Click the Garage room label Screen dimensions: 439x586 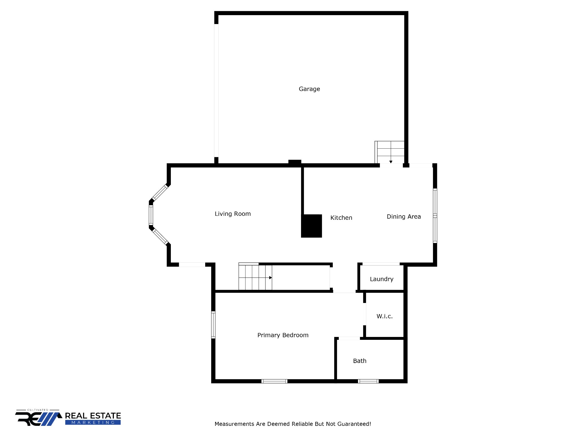click(x=309, y=89)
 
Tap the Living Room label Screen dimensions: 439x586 click(x=233, y=214)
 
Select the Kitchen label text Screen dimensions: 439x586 click(x=341, y=218)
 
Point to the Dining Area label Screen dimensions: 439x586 click(x=404, y=217)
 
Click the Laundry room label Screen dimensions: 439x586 click(x=381, y=279)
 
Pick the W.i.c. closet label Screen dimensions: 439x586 click(x=385, y=316)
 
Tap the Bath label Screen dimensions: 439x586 click(x=360, y=361)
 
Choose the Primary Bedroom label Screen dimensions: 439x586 click(x=283, y=335)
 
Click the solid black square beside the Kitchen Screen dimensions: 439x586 click(x=312, y=226)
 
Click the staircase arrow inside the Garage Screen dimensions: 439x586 click(x=391, y=161)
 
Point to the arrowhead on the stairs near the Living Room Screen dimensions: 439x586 click(x=270, y=278)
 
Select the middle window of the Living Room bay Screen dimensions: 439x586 click(x=151, y=215)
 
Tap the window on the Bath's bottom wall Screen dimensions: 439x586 click(x=368, y=381)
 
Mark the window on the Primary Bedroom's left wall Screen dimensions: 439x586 click(x=213, y=325)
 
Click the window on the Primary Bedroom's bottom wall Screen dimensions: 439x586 click(x=274, y=381)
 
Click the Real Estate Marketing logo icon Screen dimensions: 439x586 click(x=39, y=418)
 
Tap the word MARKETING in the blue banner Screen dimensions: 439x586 click(x=93, y=422)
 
